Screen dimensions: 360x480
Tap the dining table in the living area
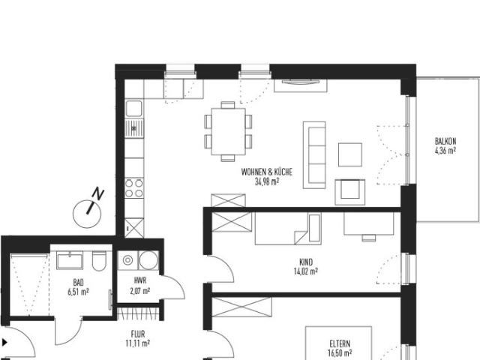(x=228, y=130)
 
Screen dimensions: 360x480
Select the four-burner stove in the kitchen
(x=135, y=185)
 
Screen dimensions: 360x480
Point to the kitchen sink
(x=134, y=127)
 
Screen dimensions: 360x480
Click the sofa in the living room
(x=314, y=155)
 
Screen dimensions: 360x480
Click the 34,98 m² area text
(x=266, y=181)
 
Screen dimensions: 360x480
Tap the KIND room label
(x=305, y=263)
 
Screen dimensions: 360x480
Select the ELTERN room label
(x=339, y=343)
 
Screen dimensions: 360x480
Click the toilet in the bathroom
(x=97, y=262)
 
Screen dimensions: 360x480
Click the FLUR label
(x=138, y=334)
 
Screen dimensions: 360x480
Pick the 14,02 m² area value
(x=305, y=273)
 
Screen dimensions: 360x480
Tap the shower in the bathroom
(x=28, y=285)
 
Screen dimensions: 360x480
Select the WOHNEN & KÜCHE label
(x=266, y=172)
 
